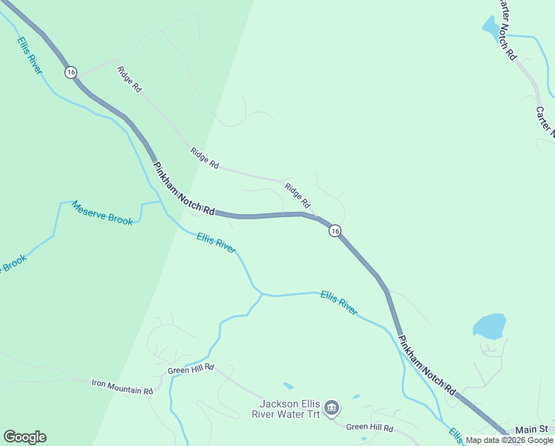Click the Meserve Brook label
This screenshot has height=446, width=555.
click(102, 213)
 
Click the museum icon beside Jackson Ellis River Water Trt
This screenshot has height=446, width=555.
click(332, 406)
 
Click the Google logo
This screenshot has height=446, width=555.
click(24, 437)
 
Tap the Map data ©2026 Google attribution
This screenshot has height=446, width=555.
click(509, 440)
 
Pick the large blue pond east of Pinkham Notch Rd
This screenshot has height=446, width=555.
click(489, 326)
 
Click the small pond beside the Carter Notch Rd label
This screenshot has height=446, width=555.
click(492, 28)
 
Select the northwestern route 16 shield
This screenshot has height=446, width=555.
click(70, 72)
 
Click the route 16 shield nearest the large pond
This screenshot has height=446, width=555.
click(335, 231)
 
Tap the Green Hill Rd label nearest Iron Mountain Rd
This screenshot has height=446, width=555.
click(191, 369)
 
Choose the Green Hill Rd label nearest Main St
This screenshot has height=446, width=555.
click(369, 427)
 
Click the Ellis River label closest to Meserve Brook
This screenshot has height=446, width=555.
click(216, 242)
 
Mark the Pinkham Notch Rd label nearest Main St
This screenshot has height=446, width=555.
click(427, 363)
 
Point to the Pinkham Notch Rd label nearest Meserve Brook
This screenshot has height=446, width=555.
click(183, 189)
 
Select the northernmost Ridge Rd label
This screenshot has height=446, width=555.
click(129, 79)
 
